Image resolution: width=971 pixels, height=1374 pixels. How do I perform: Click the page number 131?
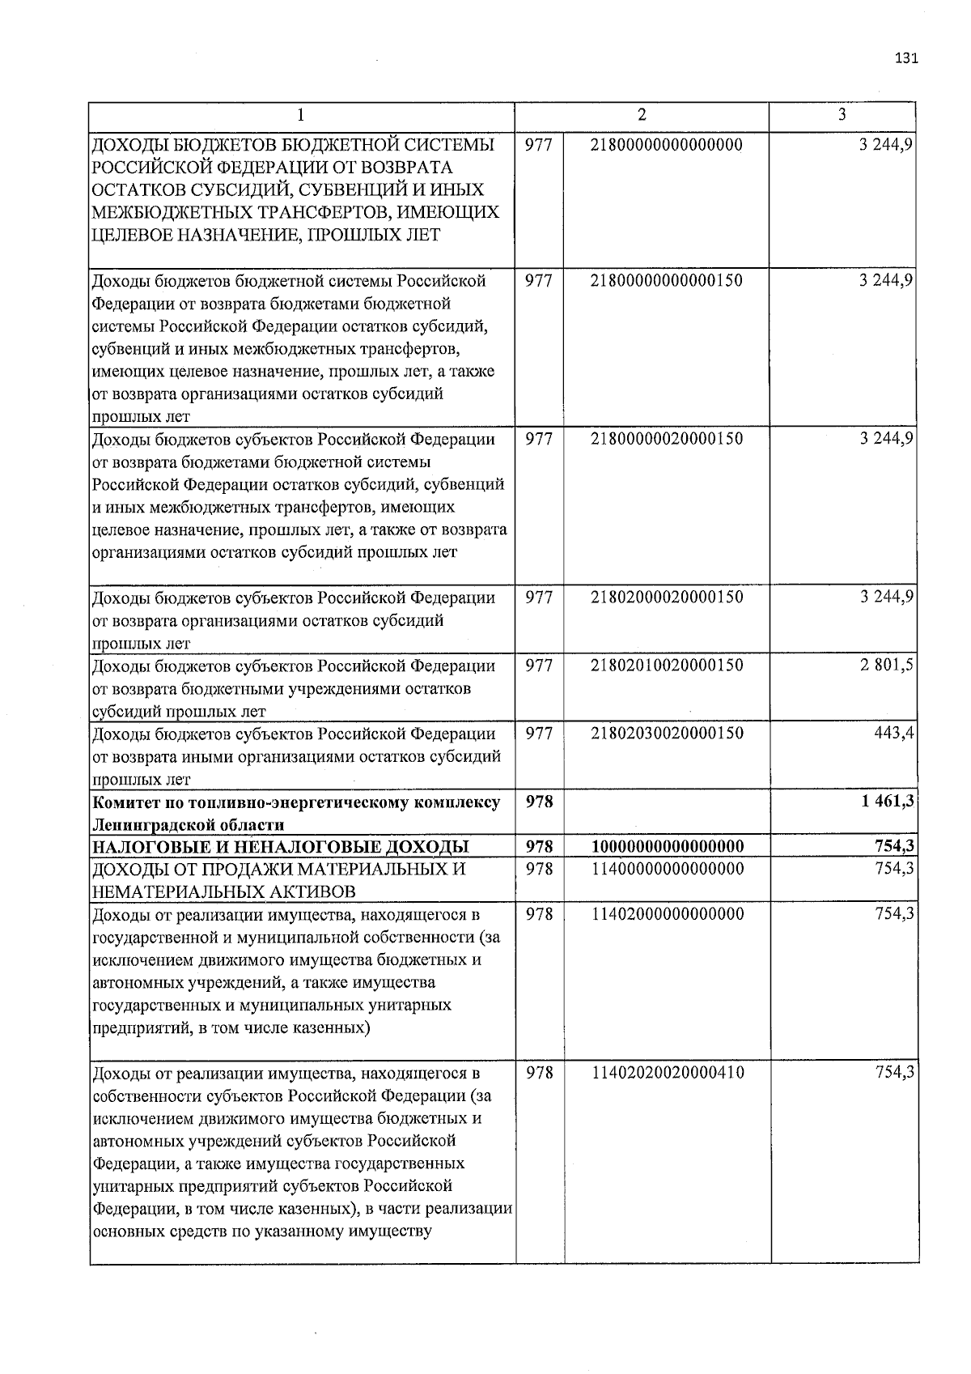(x=906, y=58)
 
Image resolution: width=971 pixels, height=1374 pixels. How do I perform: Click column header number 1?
(x=300, y=115)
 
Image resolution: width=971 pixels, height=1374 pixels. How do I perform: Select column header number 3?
(x=842, y=115)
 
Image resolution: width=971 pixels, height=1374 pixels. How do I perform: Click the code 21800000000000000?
(x=667, y=145)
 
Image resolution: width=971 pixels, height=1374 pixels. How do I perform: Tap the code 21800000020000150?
(x=667, y=439)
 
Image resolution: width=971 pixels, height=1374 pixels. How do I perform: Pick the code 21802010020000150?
(x=667, y=666)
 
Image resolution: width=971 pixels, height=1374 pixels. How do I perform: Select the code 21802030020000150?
(x=667, y=734)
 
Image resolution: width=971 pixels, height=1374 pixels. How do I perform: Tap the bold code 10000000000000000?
(x=667, y=847)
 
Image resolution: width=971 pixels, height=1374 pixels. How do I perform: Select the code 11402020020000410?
(x=667, y=1073)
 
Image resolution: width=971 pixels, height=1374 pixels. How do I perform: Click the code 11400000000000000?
(x=667, y=869)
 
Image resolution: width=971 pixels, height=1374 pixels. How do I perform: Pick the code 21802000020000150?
(x=667, y=598)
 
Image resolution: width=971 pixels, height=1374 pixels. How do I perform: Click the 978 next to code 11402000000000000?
(x=539, y=914)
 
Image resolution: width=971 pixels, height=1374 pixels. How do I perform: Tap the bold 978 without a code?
(x=539, y=802)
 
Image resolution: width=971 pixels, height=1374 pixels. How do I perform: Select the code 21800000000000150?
(x=667, y=281)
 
